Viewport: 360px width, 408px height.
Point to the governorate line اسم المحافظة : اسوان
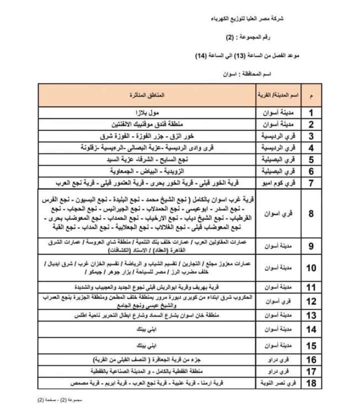(x=247, y=73)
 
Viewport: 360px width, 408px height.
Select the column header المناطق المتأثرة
(x=149, y=94)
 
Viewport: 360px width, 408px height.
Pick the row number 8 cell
(x=311, y=214)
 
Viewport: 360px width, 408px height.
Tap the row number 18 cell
(x=311, y=383)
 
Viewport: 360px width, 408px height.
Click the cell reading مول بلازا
(x=148, y=112)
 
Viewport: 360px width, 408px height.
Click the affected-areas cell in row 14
(x=148, y=330)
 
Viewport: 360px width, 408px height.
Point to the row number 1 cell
(x=311, y=112)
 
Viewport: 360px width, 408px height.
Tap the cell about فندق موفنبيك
(x=148, y=124)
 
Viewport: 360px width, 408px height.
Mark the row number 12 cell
(x=311, y=301)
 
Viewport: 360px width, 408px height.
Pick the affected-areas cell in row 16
(x=148, y=360)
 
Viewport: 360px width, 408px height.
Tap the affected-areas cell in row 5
(x=148, y=160)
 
